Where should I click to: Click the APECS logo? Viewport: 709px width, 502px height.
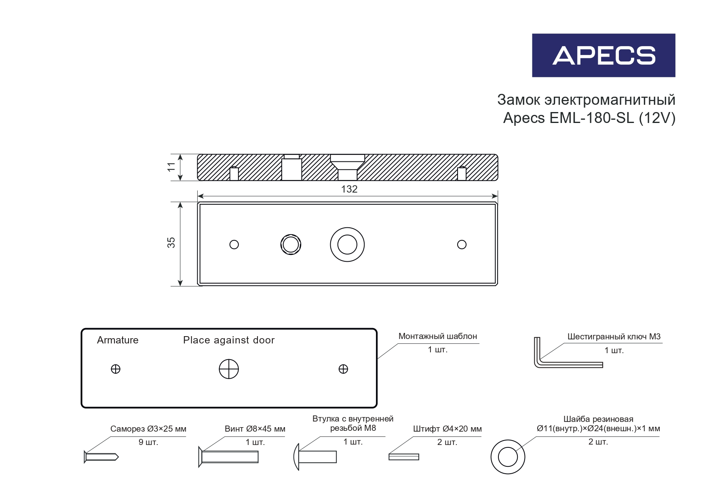pyautogui.click(x=603, y=55)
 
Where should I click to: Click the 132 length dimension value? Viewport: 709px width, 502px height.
pyautogui.click(x=349, y=189)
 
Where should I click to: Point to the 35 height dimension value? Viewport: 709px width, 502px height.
pyautogui.click(x=171, y=243)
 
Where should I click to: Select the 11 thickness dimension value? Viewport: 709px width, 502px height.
pyautogui.click(x=171, y=167)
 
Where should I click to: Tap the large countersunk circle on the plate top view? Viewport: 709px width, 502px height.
pyautogui.click(x=347, y=245)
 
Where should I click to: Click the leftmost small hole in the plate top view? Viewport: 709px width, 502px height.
pyautogui.click(x=234, y=245)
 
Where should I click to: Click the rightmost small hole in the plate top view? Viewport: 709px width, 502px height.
pyautogui.click(x=462, y=245)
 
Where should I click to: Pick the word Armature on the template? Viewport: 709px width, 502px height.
pyautogui.click(x=118, y=340)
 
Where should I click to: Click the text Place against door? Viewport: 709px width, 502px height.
pyautogui.click(x=229, y=340)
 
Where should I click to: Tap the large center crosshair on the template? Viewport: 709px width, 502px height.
pyautogui.click(x=229, y=369)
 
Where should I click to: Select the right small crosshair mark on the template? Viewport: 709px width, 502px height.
pyautogui.click(x=343, y=369)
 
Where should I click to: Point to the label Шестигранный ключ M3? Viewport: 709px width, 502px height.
pyautogui.click(x=614, y=337)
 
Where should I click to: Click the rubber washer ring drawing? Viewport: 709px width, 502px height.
pyautogui.click(x=508, y=457)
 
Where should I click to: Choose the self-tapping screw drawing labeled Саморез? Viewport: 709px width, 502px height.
pyautogui.click(x=101, y=457)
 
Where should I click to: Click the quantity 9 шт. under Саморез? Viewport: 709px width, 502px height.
pyautogui.click(x=148, y=442)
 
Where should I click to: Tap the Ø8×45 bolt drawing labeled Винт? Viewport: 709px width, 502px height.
pyautogui.click(x=229, y=457)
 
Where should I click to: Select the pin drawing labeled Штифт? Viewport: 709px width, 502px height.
pyautogui.click(x=403, y=457)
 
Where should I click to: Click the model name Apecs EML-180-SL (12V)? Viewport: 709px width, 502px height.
pyautogui.click(x=589, y=118)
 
